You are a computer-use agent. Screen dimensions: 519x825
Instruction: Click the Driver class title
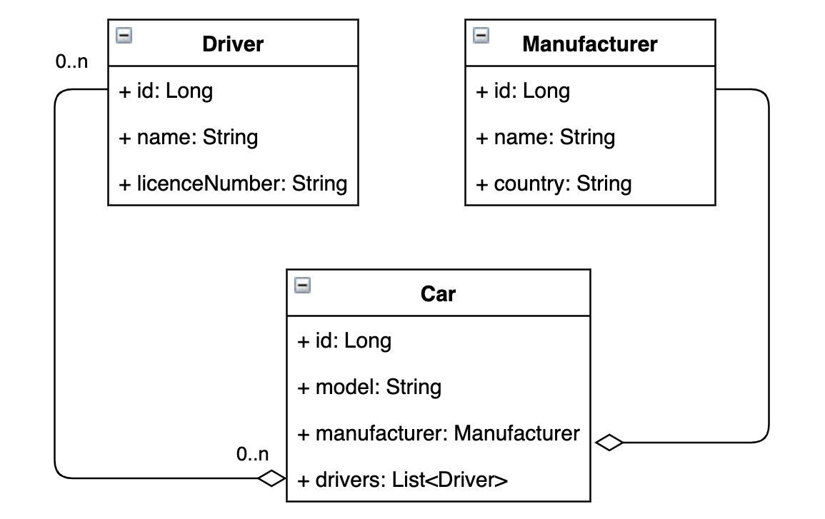[x=233, y=44]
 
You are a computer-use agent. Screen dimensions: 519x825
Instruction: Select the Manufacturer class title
[x=589, y=44]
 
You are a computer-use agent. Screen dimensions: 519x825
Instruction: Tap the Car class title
[x=438, y=293]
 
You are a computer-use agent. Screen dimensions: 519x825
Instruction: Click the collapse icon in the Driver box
[x=124, y=36]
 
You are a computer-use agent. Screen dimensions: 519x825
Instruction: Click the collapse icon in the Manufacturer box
[x=481, y=36]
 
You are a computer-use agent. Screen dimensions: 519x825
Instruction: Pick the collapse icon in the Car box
[x=303, y=286]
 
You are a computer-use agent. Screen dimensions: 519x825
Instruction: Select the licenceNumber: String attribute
[x=233, y=183]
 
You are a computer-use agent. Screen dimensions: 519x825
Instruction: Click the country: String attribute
[x=554, y=183]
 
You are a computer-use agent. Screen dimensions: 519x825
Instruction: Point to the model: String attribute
[x=369, y=387]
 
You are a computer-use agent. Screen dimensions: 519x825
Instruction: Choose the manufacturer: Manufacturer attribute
[x=438, y=433]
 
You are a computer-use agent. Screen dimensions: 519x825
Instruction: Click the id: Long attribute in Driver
[x=165, y=91]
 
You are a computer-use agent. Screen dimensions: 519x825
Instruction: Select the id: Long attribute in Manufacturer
[x=522, y=91]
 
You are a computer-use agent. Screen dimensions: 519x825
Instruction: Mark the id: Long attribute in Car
[x=344, y=341]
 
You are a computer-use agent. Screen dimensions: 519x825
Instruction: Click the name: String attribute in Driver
[x=188, y=137]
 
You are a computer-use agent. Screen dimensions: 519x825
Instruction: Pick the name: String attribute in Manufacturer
[x=545, y=137]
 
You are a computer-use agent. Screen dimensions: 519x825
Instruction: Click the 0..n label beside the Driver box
[x=71, y=62]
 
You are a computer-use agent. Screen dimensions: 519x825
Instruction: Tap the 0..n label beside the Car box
[x=253, y=454]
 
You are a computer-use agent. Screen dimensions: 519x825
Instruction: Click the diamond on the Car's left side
[x=271, y=478]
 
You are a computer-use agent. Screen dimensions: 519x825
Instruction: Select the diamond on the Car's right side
[x=609, y=443]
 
